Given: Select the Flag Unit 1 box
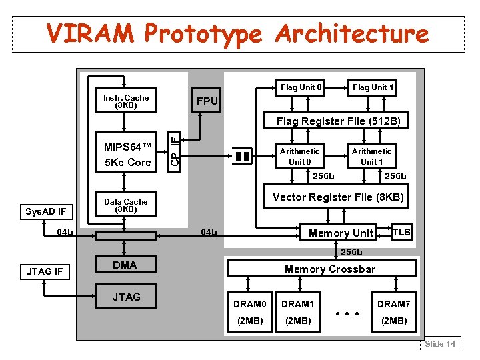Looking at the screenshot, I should (373, 87).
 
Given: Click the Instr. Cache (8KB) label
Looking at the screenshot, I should (126, 101).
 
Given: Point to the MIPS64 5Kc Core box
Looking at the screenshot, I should (127, 154).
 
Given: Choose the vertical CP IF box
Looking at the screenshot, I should (173, 151).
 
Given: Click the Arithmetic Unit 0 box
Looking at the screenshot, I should (299, 156).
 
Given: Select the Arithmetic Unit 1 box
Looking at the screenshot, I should (371, 156).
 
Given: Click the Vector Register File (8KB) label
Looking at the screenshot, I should (338, 197).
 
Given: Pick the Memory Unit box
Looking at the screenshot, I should (341, 233).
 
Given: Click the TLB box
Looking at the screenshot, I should (401, 232).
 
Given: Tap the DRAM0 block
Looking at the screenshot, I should (249, 311).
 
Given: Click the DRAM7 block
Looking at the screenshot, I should (393, 311).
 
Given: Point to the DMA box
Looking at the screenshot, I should (125, 265).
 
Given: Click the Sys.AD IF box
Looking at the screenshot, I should (45, 212).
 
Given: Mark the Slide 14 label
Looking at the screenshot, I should (440, 344).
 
